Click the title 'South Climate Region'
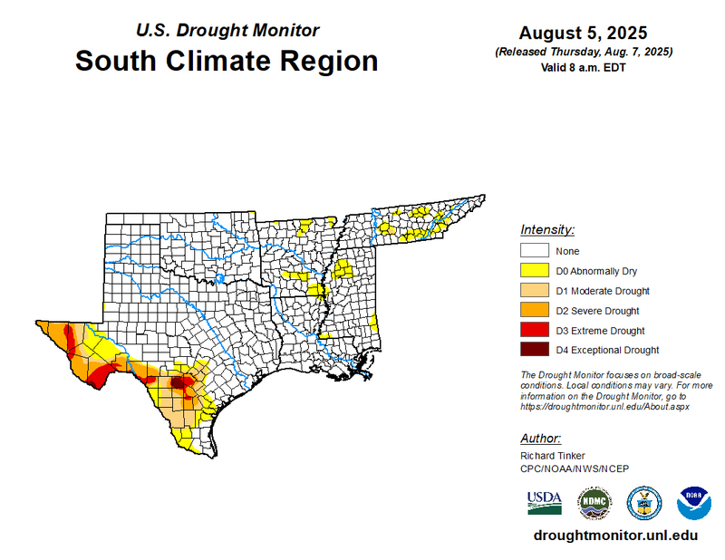(226, 62)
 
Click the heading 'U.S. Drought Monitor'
(227, 30)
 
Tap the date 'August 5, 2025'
(584, 33)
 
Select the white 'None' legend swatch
(535, 251)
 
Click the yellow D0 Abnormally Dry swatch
(535, 271)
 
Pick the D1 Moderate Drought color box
(535, 291)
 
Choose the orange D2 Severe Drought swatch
(535, 311)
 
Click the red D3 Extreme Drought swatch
(535, 331)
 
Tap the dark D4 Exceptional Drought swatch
(535, 350)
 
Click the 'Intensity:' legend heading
(547, 230)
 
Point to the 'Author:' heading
(542, 439)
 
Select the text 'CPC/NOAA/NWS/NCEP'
(575, 468)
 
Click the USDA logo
(544, 501)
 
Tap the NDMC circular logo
(594, 502)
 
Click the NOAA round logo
(694, 502)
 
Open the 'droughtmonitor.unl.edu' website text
(616, 535)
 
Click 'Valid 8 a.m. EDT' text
(584, 67)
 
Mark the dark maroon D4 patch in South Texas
(179, 382)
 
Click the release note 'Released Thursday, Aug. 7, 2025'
(584, 52)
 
